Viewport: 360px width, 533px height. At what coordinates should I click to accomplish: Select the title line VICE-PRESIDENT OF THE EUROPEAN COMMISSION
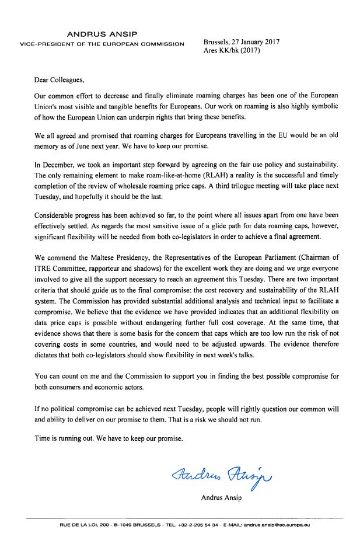coord(102,44)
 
